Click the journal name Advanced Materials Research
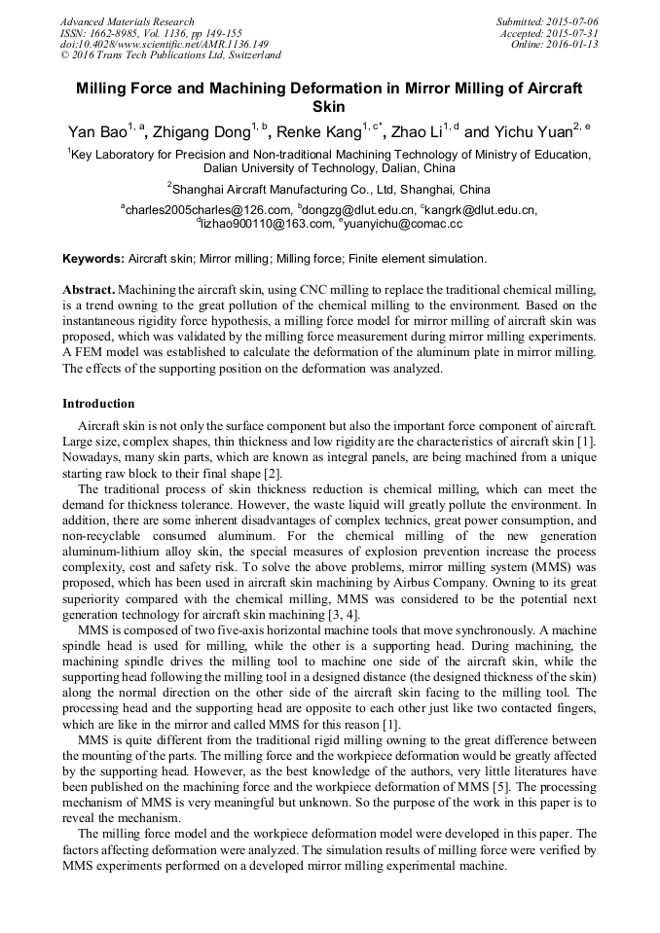click(x=127, y=21)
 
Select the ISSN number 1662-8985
click(x=112, y=33)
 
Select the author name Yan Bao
click(x=94, y=132)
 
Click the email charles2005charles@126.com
click(x=207, y=209)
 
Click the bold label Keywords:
click(x=93, y=259)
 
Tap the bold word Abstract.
click(x=88, y=291)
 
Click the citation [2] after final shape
click(x=273, y=474)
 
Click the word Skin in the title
click(x=329, y=107)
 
